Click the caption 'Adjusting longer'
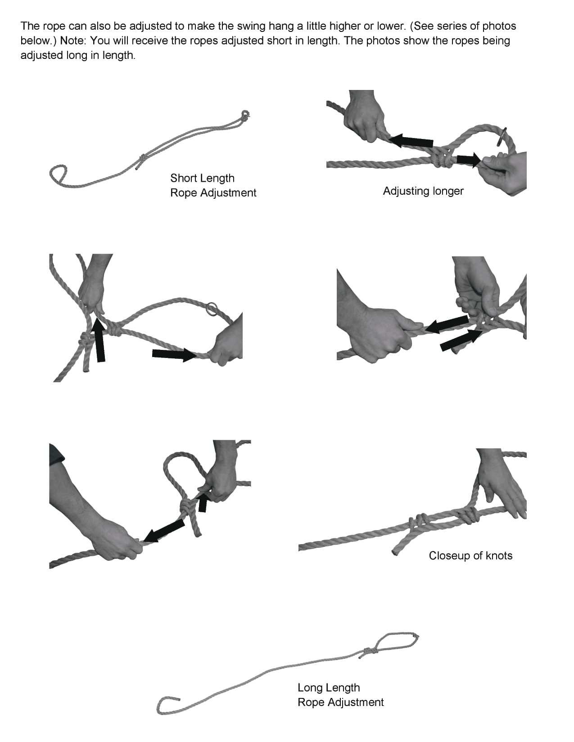[423, 191]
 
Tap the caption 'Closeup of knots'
[470, 555]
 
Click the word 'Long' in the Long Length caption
[311, 688]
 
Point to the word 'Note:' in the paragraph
[73, 40]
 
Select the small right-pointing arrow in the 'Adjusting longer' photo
[469, 160]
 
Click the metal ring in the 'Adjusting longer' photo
[502, 136]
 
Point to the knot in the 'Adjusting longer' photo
[442, 158]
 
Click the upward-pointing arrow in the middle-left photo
[99, 340]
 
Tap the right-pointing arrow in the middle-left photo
[174, 355]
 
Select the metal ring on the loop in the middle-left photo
[212, 308]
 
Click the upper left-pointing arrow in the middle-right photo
[447, 324]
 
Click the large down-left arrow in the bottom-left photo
[163, 530]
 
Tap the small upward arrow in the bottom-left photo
[203, 502]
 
